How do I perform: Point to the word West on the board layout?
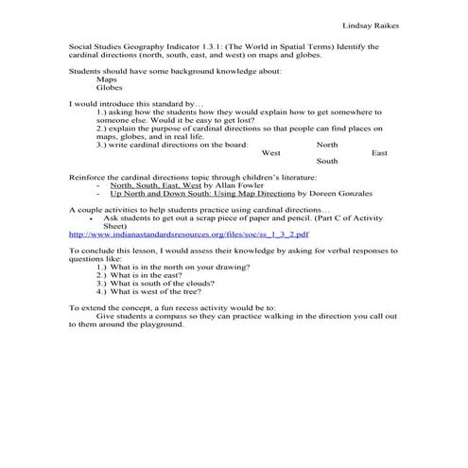coord(270,152)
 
